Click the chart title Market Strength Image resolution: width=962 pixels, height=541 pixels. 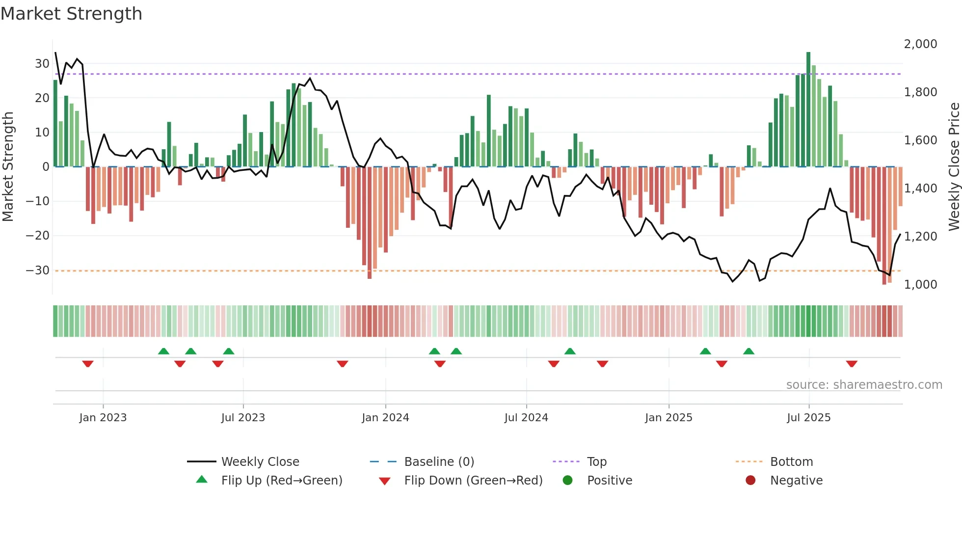click(x=71, y=14)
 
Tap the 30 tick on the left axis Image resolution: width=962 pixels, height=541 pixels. click(x=42, y=64)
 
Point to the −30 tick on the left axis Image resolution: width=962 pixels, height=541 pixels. click(x=38, y=270)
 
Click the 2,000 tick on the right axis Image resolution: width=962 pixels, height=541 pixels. click(x=920, y=44)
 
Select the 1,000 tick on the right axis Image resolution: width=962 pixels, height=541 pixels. click(x=920, y=285)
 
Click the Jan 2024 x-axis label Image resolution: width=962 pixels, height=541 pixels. click(x=385, y=418)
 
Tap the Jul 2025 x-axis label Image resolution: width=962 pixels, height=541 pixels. click(x=808, y=418)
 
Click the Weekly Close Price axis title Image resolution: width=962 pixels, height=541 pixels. click(x=954, y=167)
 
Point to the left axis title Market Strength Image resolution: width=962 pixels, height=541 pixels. click(x=8, y=167)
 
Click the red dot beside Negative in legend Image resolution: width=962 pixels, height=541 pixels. click(x=750, y=481)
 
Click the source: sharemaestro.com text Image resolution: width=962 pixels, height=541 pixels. click(x=864, y=385)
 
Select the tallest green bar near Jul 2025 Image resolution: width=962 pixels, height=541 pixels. click(x=808, y=108)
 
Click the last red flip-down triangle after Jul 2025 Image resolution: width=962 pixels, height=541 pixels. click(x=852, y=364)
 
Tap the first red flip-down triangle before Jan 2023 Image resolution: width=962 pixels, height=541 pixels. click(x=88, y=364)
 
